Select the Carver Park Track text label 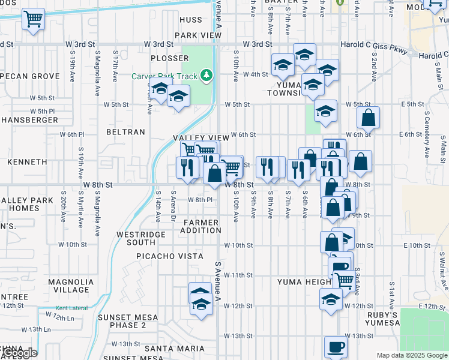coord(164,76)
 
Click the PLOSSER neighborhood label coord(170,58)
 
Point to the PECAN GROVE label coord(30,76)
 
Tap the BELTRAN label coord(125,131)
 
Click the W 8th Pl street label coord(200,200)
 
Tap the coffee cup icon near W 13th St coord(336,346)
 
